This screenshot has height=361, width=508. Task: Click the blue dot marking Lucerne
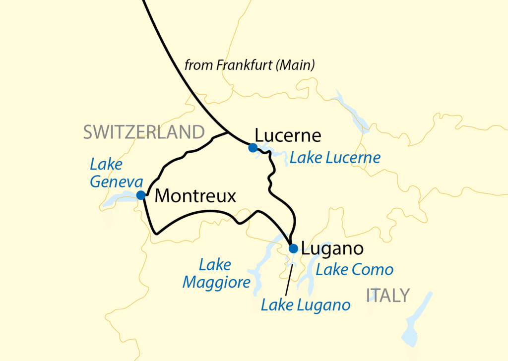tap(253, 147)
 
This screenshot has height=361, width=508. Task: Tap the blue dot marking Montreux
tap(141, 194)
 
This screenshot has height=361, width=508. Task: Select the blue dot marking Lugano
tap(293, 248)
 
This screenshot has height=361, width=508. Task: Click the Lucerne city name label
tap(288, 135)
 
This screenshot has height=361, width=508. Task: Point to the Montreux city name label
tap(195, 196)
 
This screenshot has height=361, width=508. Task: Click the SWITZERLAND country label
tap(144, 132)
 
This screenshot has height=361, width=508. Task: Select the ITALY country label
tap(388, 296)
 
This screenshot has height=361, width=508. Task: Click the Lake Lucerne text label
tap(335, 158)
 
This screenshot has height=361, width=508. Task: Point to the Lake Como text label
tap(355, 270)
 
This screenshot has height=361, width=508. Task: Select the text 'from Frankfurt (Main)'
tap(250, 65)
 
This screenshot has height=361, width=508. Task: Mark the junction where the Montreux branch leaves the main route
tap(227, 133)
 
